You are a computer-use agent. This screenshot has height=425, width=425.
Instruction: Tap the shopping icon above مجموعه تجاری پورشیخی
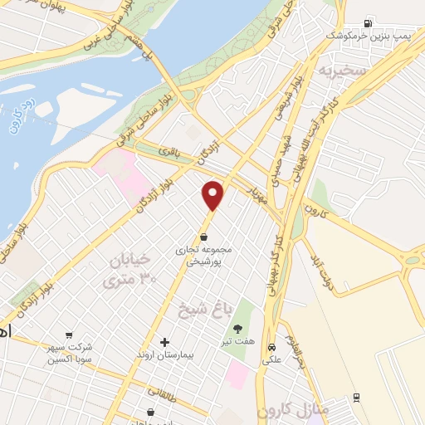(x=203, y=236)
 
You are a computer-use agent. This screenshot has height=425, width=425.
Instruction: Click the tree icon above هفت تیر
(x=239, y=328)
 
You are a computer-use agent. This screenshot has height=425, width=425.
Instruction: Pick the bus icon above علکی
(x=271, y=345)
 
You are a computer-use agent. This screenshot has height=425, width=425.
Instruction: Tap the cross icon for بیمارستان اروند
(x=164, y=342)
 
